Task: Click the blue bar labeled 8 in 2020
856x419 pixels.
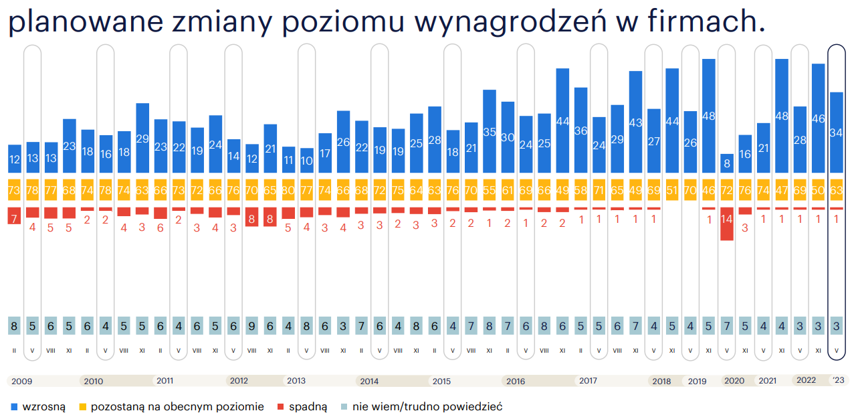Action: coord(726,164)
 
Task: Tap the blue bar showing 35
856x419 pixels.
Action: coord(490,132)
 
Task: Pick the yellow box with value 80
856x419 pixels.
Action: coord(288,190)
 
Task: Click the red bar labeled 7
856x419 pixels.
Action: coord(14,216)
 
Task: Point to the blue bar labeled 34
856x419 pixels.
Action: coord(836,133)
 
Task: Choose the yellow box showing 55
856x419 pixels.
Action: coord(490,190)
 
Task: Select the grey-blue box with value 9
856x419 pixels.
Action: coord(251,326)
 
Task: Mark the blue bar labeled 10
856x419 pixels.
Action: coord(306,161)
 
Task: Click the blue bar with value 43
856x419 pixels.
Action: coord(635,122)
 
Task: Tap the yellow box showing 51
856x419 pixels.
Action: coord(672,190)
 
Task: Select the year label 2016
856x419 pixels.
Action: coord(516,382)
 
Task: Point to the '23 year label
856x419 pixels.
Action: coord(837,381)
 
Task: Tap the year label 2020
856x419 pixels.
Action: coord(734,382)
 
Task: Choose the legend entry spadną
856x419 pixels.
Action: coord(307,407)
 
